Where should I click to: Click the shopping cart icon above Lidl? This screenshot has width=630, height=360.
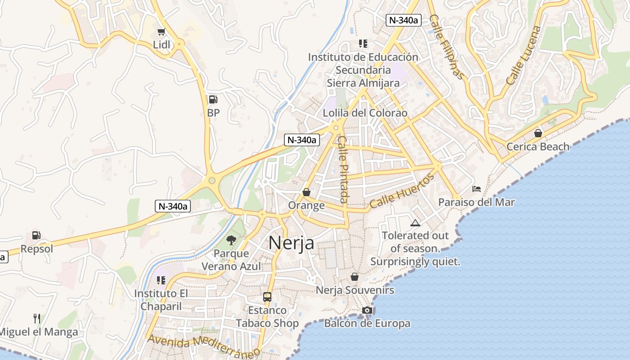[x=161, y=32]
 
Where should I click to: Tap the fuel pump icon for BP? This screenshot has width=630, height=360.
[x=213, y=99]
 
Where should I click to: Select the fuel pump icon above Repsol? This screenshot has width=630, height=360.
[x=36, y=235]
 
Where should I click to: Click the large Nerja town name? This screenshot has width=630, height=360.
[x=291, y=243]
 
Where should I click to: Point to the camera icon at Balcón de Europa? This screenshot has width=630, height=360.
[x=367, y=310]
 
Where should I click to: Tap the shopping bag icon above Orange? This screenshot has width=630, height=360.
[x=306, y=193]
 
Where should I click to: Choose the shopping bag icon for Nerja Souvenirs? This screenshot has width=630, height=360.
[x=355, y=277]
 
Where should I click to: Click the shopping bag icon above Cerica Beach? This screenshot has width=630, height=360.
[x=538, y=133]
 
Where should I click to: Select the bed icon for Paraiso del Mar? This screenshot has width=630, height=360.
[x=477, y=189]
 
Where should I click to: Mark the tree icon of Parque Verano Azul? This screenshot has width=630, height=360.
[x=231, y=240]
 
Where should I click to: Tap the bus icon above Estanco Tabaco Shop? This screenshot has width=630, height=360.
[x=267, y=297]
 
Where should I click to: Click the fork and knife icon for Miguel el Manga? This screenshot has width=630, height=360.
[x=37, y=319]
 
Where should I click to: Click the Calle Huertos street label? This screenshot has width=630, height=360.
[x=402, y=191]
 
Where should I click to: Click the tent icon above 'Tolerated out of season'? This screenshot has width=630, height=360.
[x=415, y=223]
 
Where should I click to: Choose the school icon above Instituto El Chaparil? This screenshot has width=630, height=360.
[x=161, y=280]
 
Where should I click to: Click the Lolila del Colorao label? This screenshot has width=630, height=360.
[x=365, y=113]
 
